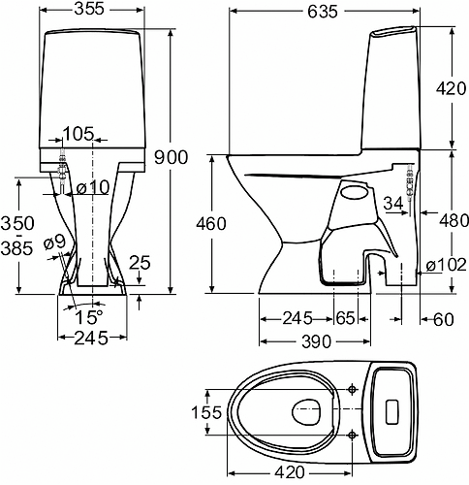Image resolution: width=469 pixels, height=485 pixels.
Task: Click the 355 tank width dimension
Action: [x=89, y=9]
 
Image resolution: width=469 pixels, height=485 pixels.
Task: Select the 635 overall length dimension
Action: [x=323, y=12]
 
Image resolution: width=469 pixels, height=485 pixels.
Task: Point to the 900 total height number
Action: [x=171, y=157]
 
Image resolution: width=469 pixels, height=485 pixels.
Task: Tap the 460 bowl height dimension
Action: [x=211, y=224]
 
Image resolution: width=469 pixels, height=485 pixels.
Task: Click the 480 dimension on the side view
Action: [x=453, y=221]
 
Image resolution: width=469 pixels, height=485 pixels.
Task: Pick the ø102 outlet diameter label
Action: [x=447, y=266]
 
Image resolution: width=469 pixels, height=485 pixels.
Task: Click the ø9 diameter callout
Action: [x=54, y=242]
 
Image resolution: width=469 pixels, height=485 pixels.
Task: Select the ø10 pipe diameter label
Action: [x=93, y=187]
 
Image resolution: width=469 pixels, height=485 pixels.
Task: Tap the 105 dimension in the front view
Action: [x=78, y=134]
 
